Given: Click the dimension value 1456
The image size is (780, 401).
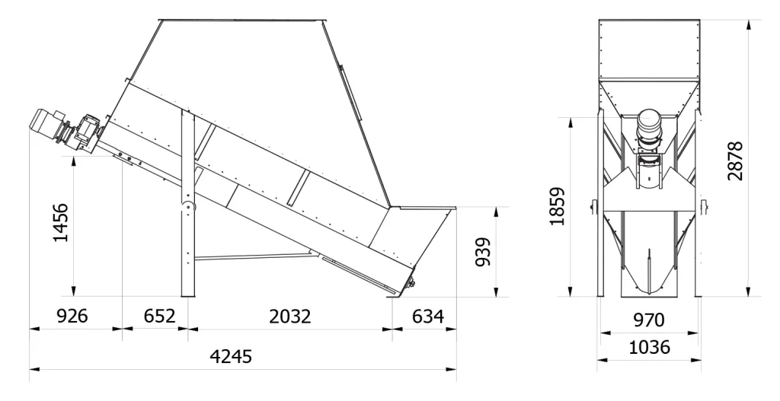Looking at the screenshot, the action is coord(61,222).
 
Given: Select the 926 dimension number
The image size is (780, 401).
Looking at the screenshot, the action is coord(72,316).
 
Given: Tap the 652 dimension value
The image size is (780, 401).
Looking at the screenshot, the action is coord(159,316).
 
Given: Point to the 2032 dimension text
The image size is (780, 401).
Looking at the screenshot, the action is coord(290,317).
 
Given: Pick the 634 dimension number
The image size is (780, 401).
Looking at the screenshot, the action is coord(428,316).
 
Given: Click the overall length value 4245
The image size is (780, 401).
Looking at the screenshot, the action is coord(231,356).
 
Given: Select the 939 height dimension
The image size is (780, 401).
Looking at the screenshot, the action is coord(483,252).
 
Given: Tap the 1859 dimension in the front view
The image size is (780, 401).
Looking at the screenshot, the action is coord(557,206).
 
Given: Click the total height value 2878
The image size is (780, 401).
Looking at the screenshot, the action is coord(735,161).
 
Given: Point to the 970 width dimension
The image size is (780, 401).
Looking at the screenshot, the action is coord(649,320).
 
